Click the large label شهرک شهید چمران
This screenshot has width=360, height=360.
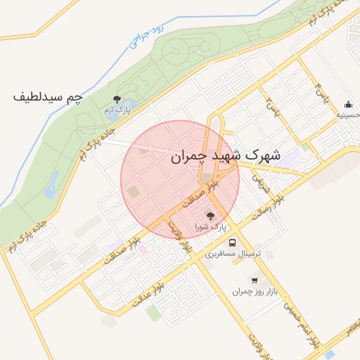(225, 157)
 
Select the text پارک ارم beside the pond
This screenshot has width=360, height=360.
(117, 111)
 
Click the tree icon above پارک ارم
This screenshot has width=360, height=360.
(117, 99)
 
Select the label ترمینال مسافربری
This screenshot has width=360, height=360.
(233, 253)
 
